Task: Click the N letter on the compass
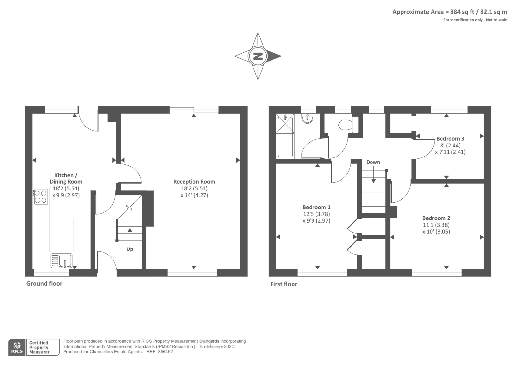pyautogui.click(x=258, y=56)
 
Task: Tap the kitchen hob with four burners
pyautogui.click(x=41, y=197)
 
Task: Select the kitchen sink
pyautogui.click(x=62, y=260)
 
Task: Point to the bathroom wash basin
pyautogui.click(x=307, y=118)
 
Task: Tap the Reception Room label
pyautogui.click(x=194, y=182)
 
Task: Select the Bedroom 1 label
pyautogui.click(x=316, y=207)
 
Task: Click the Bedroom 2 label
pyautogui.click(x=436, y=218)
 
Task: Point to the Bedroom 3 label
pyautogui.click(x=450, y=138)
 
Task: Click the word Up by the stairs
pyautogui.click(x=130, y=249)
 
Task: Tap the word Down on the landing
pyautogui.click(x=373, y=162)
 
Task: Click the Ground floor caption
pyautogui.click(x=44, y=283)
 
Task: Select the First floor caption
pyautogui.click(x=283, y=284)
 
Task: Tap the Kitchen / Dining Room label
pyautogui.click(x=66, y=178)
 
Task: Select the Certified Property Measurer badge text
pyautogui.click(x=39, y=347)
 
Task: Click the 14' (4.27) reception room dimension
pyautogui.click(x=194, y=195)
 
